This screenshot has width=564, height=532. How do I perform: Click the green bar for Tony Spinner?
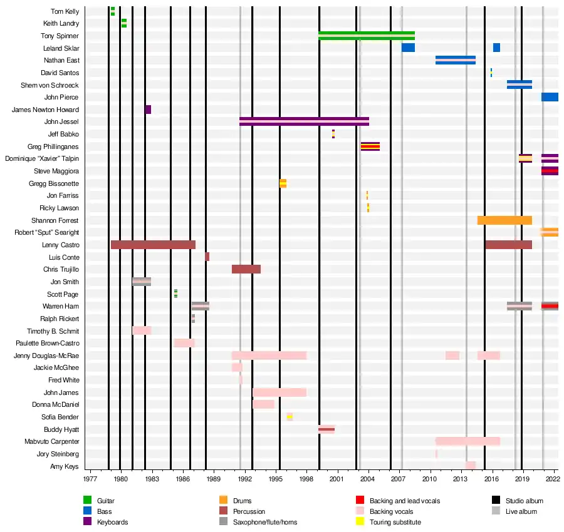[367, 36]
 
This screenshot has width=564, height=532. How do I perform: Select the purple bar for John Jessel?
[304, 121]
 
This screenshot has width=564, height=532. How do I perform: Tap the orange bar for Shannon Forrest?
[504, 220]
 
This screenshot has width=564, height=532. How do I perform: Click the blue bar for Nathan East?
[456, 60]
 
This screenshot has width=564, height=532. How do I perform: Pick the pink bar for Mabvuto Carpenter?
[467, 441]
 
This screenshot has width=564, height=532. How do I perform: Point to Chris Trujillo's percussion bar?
[246, 269]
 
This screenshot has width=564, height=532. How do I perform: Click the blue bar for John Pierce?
[550, 97]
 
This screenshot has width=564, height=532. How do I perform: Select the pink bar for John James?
[279, 392]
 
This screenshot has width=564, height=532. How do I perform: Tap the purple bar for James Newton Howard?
[148, 110]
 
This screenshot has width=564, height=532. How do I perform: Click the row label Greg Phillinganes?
[53, 146]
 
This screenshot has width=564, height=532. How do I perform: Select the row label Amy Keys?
[65, 466]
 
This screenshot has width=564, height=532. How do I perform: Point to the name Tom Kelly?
[65, 11]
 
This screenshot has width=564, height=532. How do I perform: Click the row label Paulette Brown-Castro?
[48, 343]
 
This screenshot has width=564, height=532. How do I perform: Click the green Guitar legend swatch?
[88, 500]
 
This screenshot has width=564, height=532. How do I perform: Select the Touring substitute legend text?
[395, 522]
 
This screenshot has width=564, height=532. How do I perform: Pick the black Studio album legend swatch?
[496, 500]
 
